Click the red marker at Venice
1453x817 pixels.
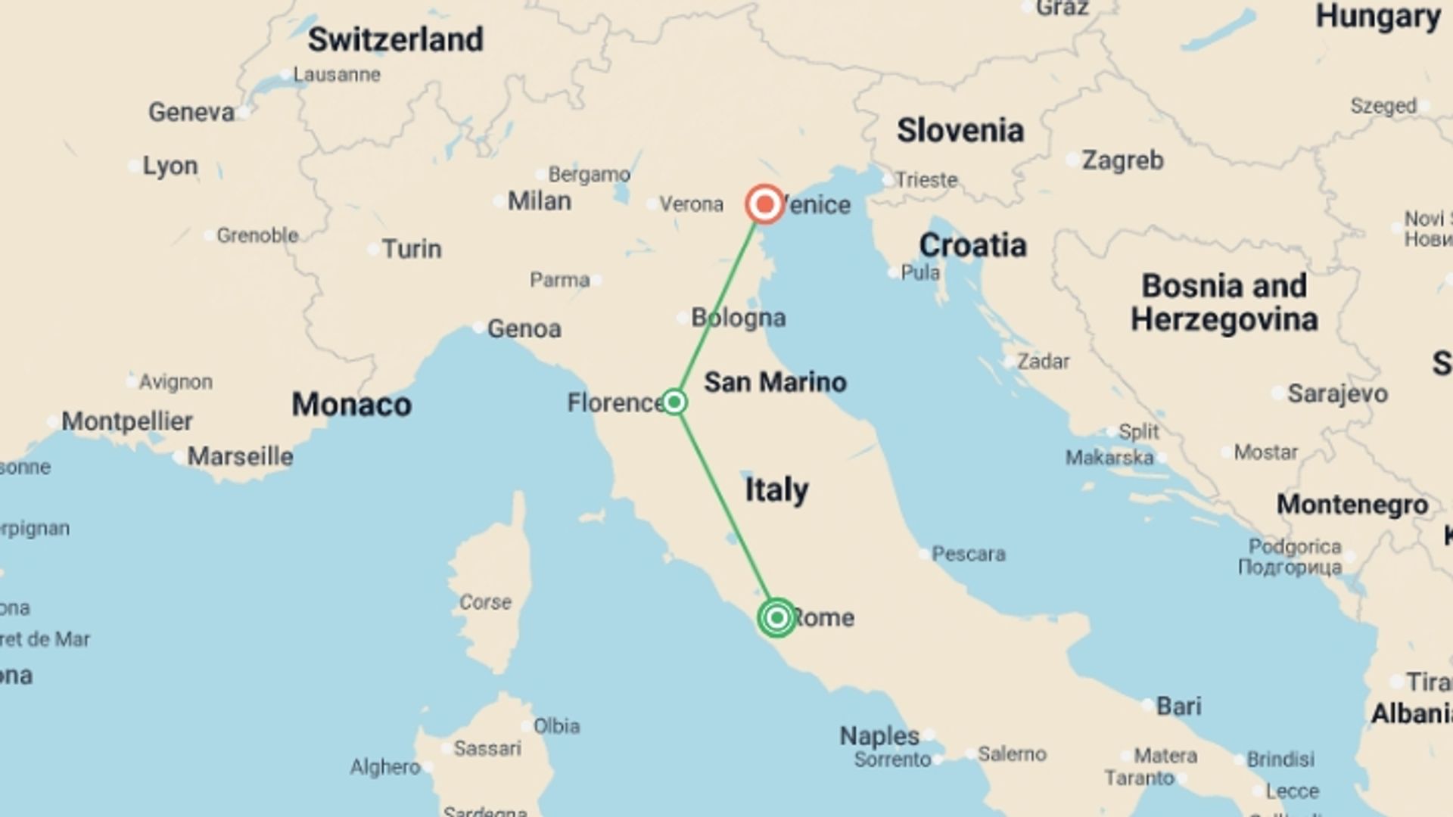pyautogui.click(x=764, y=204)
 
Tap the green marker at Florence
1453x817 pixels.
pyautogui.click(x=674, y=402)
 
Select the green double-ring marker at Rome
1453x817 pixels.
pyautogui.click(x=776, y=618)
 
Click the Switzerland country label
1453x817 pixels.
pyautogui.click(x=395, y=39)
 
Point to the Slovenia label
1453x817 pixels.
pyautogui.click(x=960, y=130)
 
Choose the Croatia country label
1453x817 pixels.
pyautogui.click(x=972, y=245)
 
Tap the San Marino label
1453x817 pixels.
pyautogui.click(x=775, y=382)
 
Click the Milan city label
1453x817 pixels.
pyautogui.click(x=539, y=201)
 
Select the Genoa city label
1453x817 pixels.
pyautogui.click(x=524, y=328)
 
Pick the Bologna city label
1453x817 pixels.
pyautogui.click(x=739, y=318)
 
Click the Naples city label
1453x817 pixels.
pyautogui.click(x=879, y=735)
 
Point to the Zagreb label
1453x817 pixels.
pyautogui.click(x=1122, y=160)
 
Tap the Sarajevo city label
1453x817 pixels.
pyautogui.click(x=1337, y=393)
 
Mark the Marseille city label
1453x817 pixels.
pyautogui.click(x=240, y=456)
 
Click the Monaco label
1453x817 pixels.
pyautogui.click(x=352, y=405)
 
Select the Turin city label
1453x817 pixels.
pyautogui.click(x=411, y=249)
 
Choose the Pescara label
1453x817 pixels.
pyautogui.click(x=968, y=554)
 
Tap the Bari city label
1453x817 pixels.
pyautogui.click(x=1178, y=706)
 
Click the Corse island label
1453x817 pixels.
pyautogui.click(x=485, y=602)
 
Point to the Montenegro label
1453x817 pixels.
pyautogui.click(x=1352, y=505)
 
